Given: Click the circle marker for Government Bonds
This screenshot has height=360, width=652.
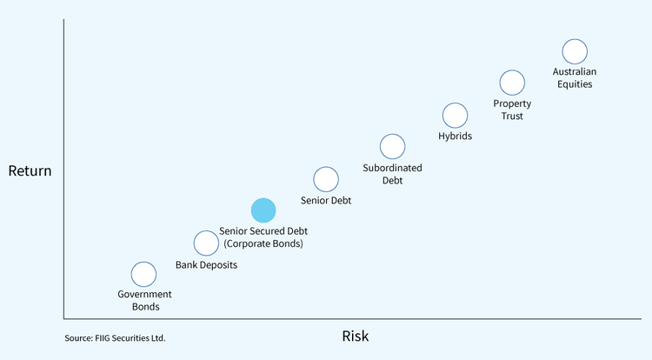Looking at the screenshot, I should click(143, 274).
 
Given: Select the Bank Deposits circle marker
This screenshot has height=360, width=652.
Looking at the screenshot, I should click(206, 243).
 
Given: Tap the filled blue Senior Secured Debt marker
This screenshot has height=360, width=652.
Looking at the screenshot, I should click(263, 210).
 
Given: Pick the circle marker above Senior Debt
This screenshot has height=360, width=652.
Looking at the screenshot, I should click(325, 179).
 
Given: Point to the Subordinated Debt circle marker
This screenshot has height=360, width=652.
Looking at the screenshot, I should click(392, 147).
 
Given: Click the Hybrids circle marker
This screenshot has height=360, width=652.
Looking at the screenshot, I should click(455, 115).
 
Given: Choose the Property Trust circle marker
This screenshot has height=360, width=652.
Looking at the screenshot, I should click(512, 83).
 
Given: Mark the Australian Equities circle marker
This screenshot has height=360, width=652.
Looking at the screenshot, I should click(575, 51).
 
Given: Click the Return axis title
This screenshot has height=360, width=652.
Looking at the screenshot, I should click(30, 170).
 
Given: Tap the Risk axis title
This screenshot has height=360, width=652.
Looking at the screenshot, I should click(356, 336).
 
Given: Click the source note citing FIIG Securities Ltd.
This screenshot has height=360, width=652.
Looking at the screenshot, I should click(115, 337).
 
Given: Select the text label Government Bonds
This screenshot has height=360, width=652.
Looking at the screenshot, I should click(145, 300).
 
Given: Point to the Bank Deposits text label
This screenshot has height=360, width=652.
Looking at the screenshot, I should click(206, 265).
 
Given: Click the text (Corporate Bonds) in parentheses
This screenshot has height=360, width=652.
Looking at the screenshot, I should click(263, 244).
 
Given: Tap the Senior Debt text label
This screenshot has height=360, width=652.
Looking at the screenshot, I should click(326, 200).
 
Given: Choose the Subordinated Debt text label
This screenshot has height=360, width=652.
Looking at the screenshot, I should click(392, 174).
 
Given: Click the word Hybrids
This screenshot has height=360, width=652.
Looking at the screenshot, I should click(455, 136).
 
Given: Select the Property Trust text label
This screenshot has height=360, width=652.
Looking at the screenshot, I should click(512, 110).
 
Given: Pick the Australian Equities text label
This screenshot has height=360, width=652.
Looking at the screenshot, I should click(575, 77).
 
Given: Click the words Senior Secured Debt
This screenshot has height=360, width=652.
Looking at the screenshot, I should click(263, 231).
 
